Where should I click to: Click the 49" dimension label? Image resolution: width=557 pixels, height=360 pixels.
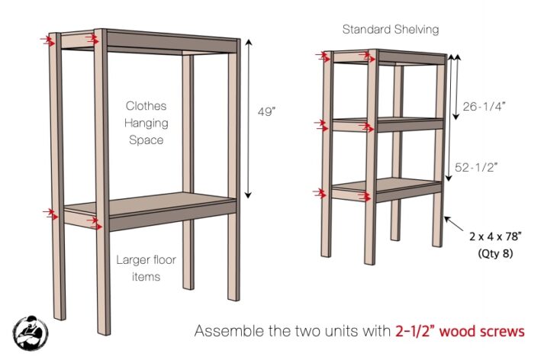pos(266,111)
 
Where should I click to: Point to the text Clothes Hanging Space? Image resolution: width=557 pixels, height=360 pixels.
pos(146,123)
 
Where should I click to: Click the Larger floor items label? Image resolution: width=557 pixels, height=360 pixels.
pos(146,268)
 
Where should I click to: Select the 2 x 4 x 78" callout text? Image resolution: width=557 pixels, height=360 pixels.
pos(496,236)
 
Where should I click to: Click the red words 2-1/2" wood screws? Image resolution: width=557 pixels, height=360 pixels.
pos(460,331)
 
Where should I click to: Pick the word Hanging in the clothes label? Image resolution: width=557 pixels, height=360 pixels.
pos(146,123)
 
